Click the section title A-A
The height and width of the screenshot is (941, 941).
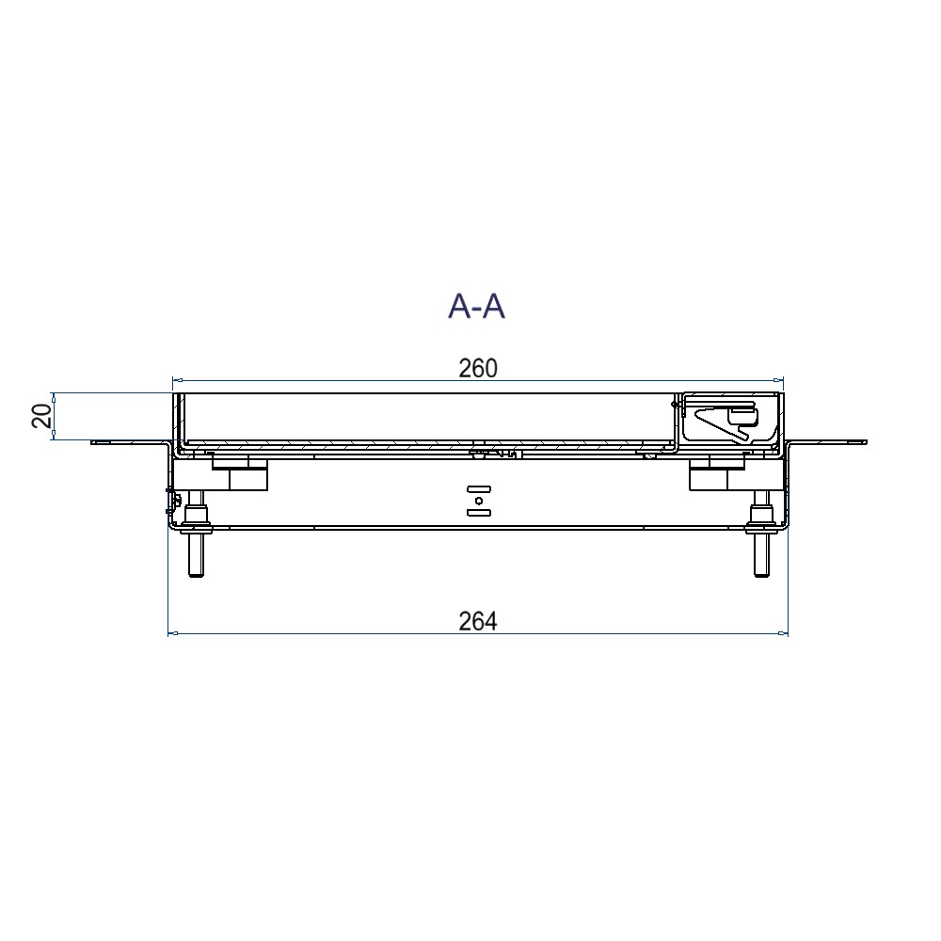(476, 307)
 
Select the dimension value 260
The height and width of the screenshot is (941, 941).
(478, 369)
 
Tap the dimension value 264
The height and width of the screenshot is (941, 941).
(478, 622)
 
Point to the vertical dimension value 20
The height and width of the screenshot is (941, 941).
(41, 416)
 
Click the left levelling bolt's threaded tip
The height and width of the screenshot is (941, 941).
(196, 573)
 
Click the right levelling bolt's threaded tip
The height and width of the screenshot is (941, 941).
(761, 573)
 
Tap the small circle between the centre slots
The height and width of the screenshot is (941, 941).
(479, 501)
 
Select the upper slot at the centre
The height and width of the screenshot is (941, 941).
(479, 488)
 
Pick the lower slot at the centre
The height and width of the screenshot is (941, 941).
(479, 512)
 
